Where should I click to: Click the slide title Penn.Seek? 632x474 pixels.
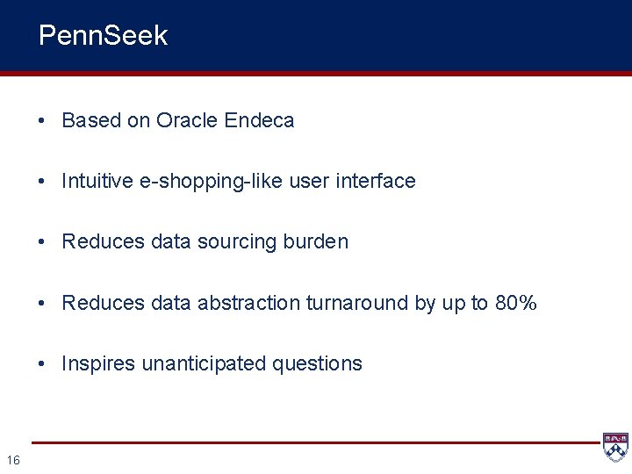tap(103, 36)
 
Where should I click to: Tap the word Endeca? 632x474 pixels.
tap(259, 120)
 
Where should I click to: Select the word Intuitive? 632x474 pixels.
tap(97, 181)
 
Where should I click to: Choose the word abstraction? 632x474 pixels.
tap(248, 303)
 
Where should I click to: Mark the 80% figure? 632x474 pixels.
tap(516, 303)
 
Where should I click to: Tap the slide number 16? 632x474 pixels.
tap(13, 459)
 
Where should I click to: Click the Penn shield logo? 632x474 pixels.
tap(614, 447)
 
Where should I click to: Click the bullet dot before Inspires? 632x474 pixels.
tap(43, 363)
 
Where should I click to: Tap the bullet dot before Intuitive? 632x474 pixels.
tap(43, 181)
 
